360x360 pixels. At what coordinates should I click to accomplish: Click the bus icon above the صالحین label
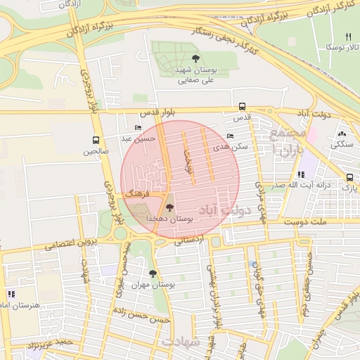[96, 141]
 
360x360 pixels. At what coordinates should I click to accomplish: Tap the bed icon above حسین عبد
[137, 128]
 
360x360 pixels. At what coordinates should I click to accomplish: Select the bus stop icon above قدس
[242, 107]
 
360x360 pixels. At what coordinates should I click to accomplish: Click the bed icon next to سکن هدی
[231, 136]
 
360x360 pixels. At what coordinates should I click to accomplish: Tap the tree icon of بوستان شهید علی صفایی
[195, 58]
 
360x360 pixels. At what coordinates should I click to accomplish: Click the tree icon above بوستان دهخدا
[169, 207]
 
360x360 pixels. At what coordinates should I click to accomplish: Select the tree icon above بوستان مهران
[153, 274]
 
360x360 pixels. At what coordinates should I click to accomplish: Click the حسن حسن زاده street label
[143, 320]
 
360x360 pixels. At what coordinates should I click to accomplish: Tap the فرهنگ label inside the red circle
[138, 192]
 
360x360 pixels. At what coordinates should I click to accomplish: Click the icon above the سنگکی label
[342, 134]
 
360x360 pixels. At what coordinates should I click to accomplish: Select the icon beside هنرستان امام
[11, 293]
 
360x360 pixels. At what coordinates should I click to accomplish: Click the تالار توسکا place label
[340, 46]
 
